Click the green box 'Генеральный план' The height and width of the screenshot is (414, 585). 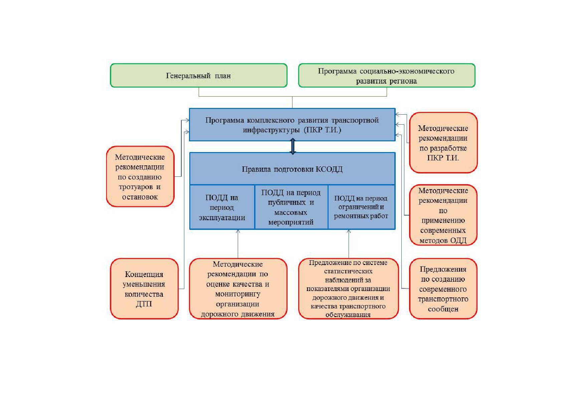[199, 76]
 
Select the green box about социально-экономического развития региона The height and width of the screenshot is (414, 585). [387, 76]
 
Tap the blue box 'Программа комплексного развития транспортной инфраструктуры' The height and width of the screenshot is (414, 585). [292, 125]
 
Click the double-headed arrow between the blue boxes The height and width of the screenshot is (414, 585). [293, 147]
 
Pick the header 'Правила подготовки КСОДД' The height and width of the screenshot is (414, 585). [292, 169]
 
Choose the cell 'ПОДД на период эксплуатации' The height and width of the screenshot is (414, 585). [222, 207]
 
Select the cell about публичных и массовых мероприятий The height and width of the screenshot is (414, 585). [291, 207]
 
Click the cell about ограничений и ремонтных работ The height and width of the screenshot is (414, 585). [361, 207]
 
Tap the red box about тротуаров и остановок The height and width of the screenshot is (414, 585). [140, 176]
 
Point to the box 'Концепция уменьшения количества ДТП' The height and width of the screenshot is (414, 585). [144, 289]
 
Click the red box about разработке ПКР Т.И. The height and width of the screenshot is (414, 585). [443, 143]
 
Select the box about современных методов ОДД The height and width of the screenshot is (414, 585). [443, 215]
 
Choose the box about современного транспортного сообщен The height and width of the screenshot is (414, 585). [443, 289]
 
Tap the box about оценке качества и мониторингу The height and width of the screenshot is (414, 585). [238, 289]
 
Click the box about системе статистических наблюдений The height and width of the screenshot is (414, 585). [349, 289]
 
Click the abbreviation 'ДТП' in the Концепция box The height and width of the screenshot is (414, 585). [144, 304]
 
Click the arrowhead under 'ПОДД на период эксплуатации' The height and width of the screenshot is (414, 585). [238, 231]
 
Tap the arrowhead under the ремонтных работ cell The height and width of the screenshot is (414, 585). [349, 231]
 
